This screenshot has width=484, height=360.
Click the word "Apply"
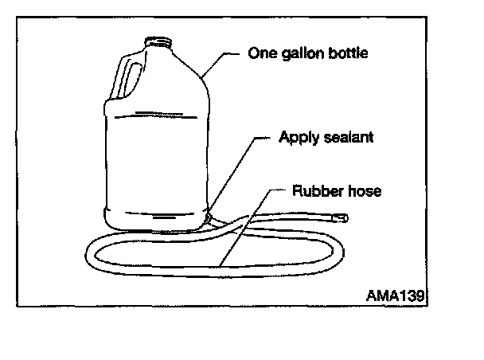click(x=295, y=137)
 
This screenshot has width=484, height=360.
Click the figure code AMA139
click(x=396, y=293)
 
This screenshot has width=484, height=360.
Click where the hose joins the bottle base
click(x=209, y=216)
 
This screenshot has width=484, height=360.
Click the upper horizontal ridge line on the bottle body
click(x=155, y=112)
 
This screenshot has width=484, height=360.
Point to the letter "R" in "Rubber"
click(x=297, y=191)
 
